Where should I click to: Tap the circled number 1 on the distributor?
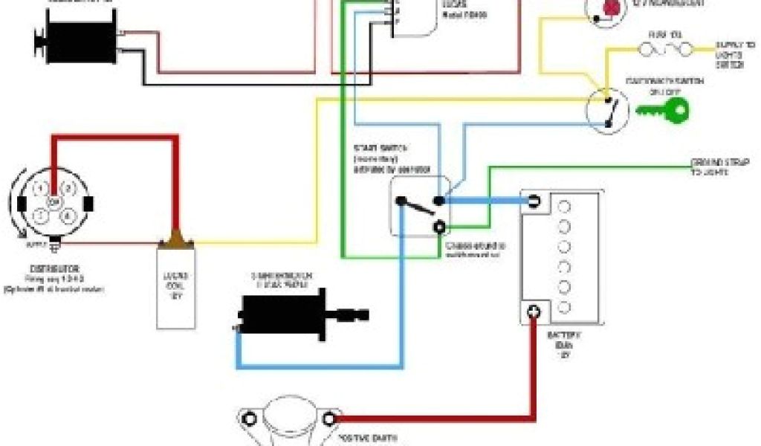tap(42, 187)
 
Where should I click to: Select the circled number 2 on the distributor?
tap(68, 187)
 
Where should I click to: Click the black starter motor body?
tap(287, 308)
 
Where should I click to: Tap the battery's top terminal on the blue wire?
tap(534, 201)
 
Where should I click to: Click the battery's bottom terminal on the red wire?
tap(533, 313)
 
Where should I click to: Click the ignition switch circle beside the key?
tap(610, 110)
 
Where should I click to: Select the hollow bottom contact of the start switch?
tap(441, 227)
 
